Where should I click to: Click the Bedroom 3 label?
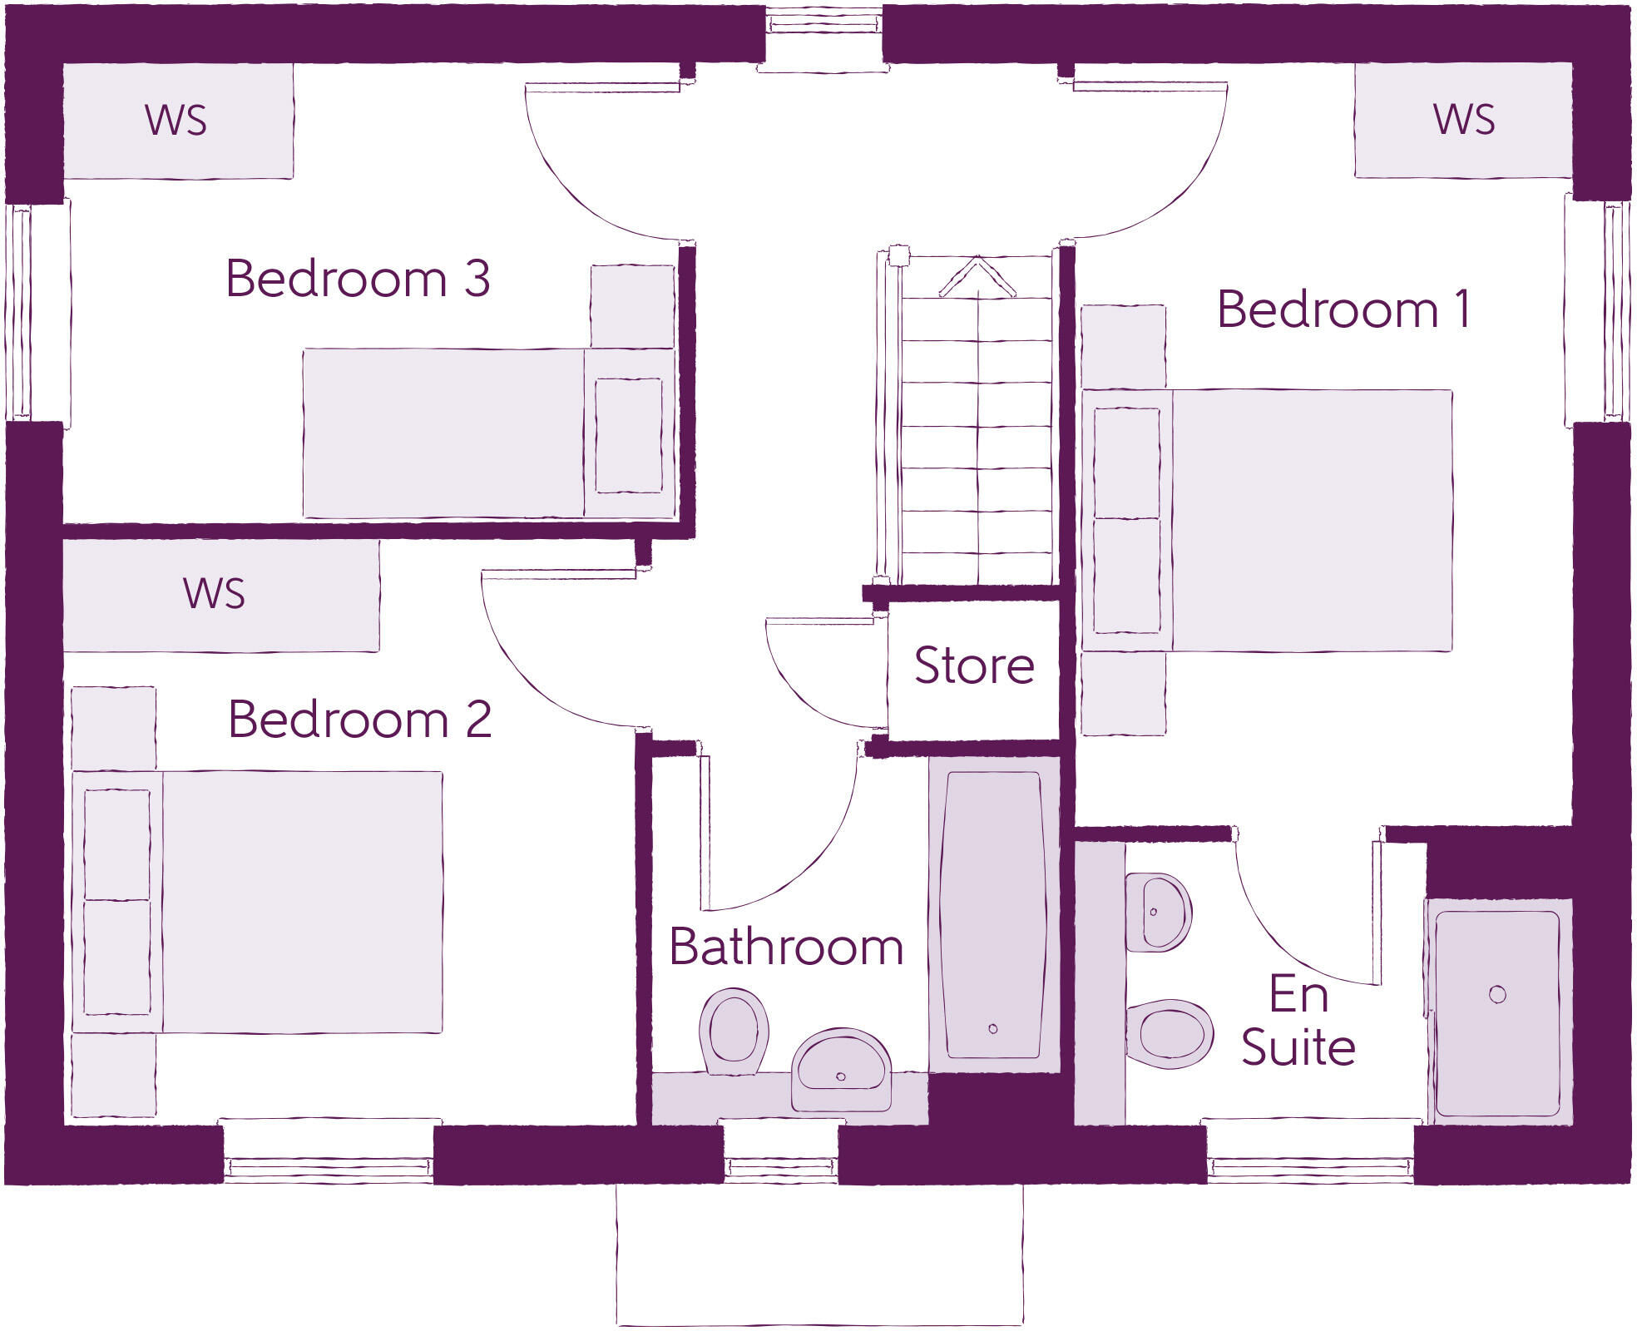[358, 278]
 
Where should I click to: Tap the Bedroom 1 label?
[1343, 309]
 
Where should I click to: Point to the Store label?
[974, 665]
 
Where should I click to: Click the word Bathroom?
[786, 947]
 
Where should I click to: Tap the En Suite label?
[1298, 1020]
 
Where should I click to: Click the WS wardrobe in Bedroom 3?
[178, 121]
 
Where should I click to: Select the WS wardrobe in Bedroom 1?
[1463, 120]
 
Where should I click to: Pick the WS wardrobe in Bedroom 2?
[221, 596]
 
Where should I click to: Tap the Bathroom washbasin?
[841, 1070]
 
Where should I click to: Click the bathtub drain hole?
[992, 1029]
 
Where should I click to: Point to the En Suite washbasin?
[1159, 913]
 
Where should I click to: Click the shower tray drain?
[1497, 994]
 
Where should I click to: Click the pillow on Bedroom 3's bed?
[629, 435]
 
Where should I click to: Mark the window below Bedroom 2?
[329, 1152]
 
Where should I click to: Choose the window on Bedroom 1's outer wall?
[1597, 312]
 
